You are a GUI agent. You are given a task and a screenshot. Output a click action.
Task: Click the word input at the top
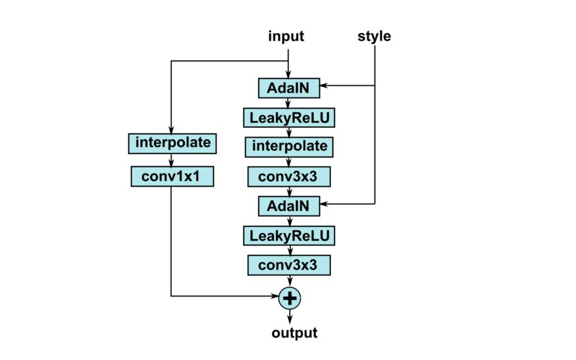click(286, 36)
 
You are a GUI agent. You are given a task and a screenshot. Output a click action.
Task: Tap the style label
click(374, 36)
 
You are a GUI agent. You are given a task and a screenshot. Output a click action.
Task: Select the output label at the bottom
click(294, 333)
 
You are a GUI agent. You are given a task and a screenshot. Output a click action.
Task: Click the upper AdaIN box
click(288, 88)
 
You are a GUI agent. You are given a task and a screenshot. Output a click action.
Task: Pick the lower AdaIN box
click(288, 206)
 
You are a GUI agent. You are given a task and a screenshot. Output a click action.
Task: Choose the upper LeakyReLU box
click(288, 118)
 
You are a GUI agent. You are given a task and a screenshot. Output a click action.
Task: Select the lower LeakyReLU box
click(288, 236)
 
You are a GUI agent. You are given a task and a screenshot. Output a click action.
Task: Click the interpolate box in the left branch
click(172, 142)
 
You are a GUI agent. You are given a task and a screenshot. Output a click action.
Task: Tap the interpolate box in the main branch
click(288, 147)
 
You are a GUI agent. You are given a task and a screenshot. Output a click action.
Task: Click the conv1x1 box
click(172, 176)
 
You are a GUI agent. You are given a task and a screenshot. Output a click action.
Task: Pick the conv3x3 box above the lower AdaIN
click(288, 176)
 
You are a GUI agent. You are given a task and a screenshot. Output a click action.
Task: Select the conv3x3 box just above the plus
click(288, 265)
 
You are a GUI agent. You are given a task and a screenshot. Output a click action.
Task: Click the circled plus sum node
click(289, 298)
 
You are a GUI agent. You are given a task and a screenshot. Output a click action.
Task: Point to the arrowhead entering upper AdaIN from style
click(325, 86)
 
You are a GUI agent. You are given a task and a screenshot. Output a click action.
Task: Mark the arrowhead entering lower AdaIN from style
click(325, 205)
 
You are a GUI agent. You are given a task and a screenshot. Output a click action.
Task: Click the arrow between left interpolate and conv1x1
click(172, 159)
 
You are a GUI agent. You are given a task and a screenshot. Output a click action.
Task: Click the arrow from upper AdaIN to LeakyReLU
click(288, 103)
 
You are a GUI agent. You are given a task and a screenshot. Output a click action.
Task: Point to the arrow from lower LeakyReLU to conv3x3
click(288, 250)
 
